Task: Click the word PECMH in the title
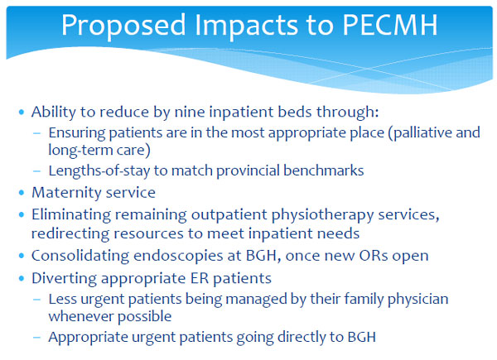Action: [390, 25]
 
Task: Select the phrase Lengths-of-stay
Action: [99, 171]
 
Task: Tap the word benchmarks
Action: [323, 170]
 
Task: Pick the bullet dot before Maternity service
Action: [22, 193]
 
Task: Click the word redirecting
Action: [70, 234]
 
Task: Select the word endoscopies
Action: [178, 257]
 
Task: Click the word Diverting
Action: [64, 279]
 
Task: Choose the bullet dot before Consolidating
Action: [22, 256]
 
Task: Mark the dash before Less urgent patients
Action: [36, 300]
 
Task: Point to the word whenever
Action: [81, 316]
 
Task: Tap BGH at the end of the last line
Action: [362, 337]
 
